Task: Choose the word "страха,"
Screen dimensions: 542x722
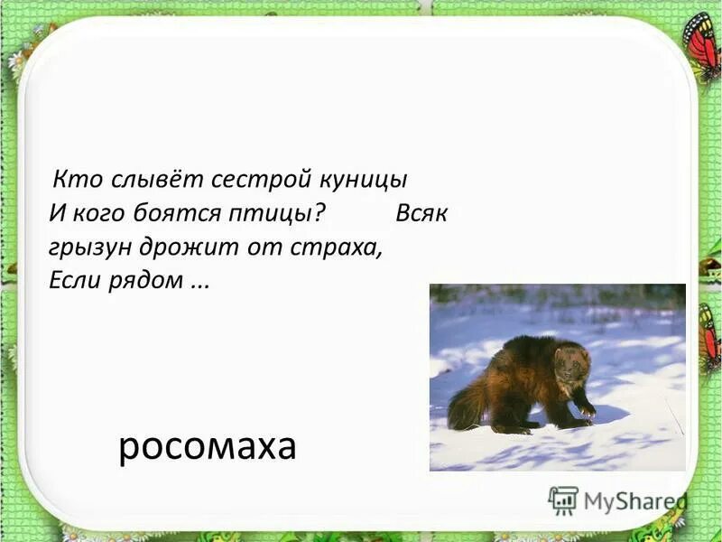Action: coord(336,248)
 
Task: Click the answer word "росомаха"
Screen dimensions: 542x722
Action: coord(207,446)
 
